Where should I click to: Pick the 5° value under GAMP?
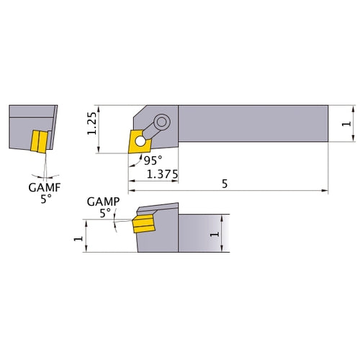(105, 213)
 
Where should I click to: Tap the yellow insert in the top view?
(138, 141)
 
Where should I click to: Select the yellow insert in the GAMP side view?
(143, 224)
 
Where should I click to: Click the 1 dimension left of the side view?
(78, 236)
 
